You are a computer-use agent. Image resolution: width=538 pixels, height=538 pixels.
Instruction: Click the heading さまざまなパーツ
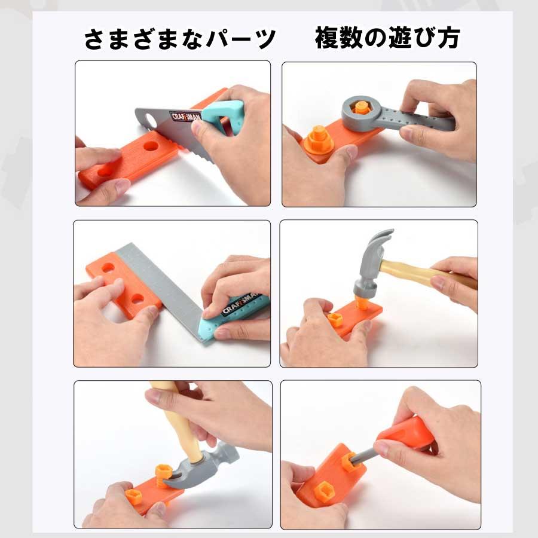(x=179, y=40)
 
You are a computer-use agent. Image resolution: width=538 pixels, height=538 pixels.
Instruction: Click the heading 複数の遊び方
(x=387, y=39)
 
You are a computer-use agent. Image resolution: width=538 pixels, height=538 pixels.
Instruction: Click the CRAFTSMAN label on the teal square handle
(x=242, y=305)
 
